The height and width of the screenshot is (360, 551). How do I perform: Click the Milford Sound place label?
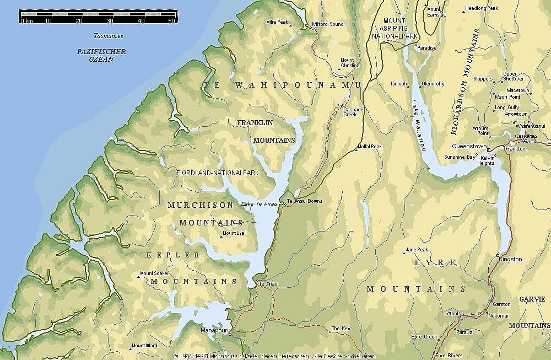pyautogui.click(x=328, y=24)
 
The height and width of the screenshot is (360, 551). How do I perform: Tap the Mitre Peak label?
pyautogui.click(x=277, y=22)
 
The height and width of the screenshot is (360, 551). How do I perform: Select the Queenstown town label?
pyautogui.click(x=469, y=147)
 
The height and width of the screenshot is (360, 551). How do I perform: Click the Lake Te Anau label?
pyautogui.click(x=260, y=204)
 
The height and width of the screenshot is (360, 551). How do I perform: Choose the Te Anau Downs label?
pyautogui.click(x=304, y=201)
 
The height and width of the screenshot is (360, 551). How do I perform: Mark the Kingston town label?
pyautogui.click(x=510, y=259)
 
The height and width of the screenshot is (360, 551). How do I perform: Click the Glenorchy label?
pyautogui.click(x=433, y=84)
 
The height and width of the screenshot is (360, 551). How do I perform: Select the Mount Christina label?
pyautogui.click(x=350, y=63)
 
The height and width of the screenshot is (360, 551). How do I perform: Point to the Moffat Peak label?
pyautogui.click(x=369, y=147)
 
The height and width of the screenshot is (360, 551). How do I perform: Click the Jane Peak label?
pyautogui.click(x=417, y=250)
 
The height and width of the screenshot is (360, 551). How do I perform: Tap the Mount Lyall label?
pyautogui.click(x=235, y=233)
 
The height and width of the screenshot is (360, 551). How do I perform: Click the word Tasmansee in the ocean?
pyautogui.click(x=108, y=36)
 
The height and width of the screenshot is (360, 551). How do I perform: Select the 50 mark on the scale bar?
pyautogui.click(x=171, y=21)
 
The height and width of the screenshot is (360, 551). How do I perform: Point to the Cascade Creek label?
pyautogui.click(x=354, y=112)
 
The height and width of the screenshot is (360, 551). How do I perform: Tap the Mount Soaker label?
pyautogui.click(x=154, y=273)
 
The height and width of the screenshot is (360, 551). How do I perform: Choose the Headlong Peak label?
pyautogui.click(x=481, y=8)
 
